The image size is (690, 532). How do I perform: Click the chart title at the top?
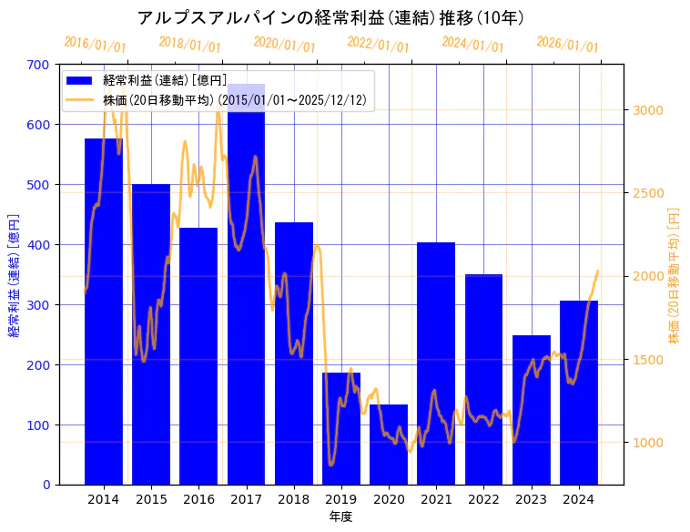[330, 17]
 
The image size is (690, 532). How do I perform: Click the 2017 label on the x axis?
[246, 499]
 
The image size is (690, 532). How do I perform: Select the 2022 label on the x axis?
[483, 499]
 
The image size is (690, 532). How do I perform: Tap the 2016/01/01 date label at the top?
[96, 44]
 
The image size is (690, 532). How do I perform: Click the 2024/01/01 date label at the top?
[472, 44]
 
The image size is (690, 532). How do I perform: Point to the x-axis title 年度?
[340, 517]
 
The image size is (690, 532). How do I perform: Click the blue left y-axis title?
[14, 275]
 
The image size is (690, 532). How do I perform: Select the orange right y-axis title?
[675, 275]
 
